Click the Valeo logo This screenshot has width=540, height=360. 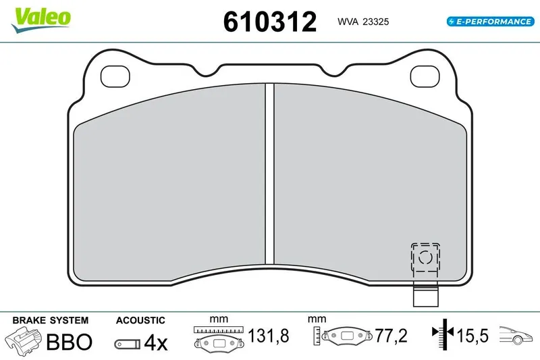40,20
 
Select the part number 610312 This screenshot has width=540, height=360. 269,22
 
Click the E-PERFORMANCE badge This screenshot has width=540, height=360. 491,22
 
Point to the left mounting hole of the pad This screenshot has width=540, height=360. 115,76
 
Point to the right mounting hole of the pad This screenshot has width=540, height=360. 425,76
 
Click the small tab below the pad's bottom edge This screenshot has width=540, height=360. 426,294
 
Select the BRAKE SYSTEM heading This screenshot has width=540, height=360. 50,320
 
